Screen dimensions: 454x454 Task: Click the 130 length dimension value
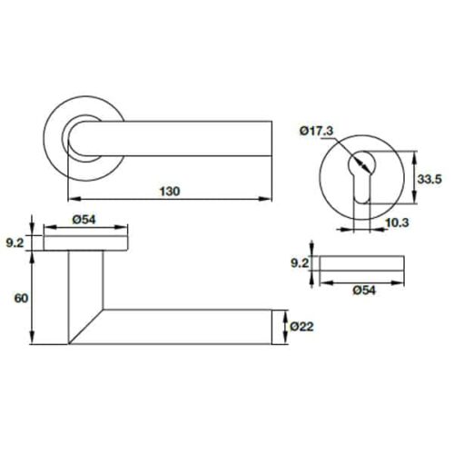pyautogui.click(x=170, y=191)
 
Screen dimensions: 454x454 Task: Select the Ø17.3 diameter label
pyautogui.click(x=316, y=133)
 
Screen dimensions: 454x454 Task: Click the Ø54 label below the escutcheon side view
pyautogui.click(x=361, y=291)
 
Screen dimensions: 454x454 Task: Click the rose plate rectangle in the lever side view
pyautogui.click(x=84, y=242)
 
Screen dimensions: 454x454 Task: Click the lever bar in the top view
pyautogui.click(x=182, y=139)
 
